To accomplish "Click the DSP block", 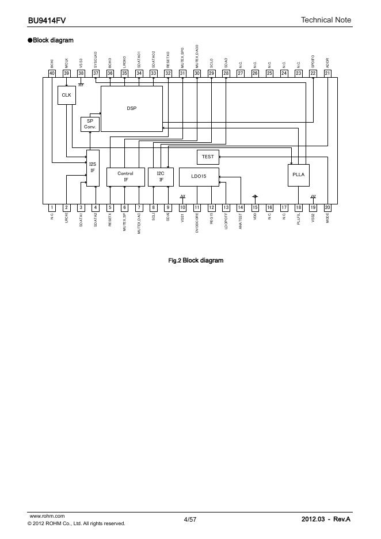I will tap(132, 108).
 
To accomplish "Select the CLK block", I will tap(67, 95).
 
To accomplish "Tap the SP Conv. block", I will tap(90, 124).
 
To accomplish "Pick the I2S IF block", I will tap(92, 168).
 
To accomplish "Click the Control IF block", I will tap(125, 177).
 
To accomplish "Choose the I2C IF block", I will tap(161, 177).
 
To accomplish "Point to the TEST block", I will tap(208, 157).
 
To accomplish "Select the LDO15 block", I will tap(199, 177).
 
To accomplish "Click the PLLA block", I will tap(299, 174).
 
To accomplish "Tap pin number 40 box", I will tap(52, 73).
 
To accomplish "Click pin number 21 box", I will tap(327, 73).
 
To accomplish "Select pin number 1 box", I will tap(52, 207).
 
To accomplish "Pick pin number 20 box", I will tap(327, 207).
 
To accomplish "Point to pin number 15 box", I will tap(255, 207).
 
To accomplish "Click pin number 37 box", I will tap(96, 73).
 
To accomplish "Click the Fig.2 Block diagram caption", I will tap(195, 260).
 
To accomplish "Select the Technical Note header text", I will tap(326, 20).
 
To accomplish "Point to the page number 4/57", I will tap(190, 519).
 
